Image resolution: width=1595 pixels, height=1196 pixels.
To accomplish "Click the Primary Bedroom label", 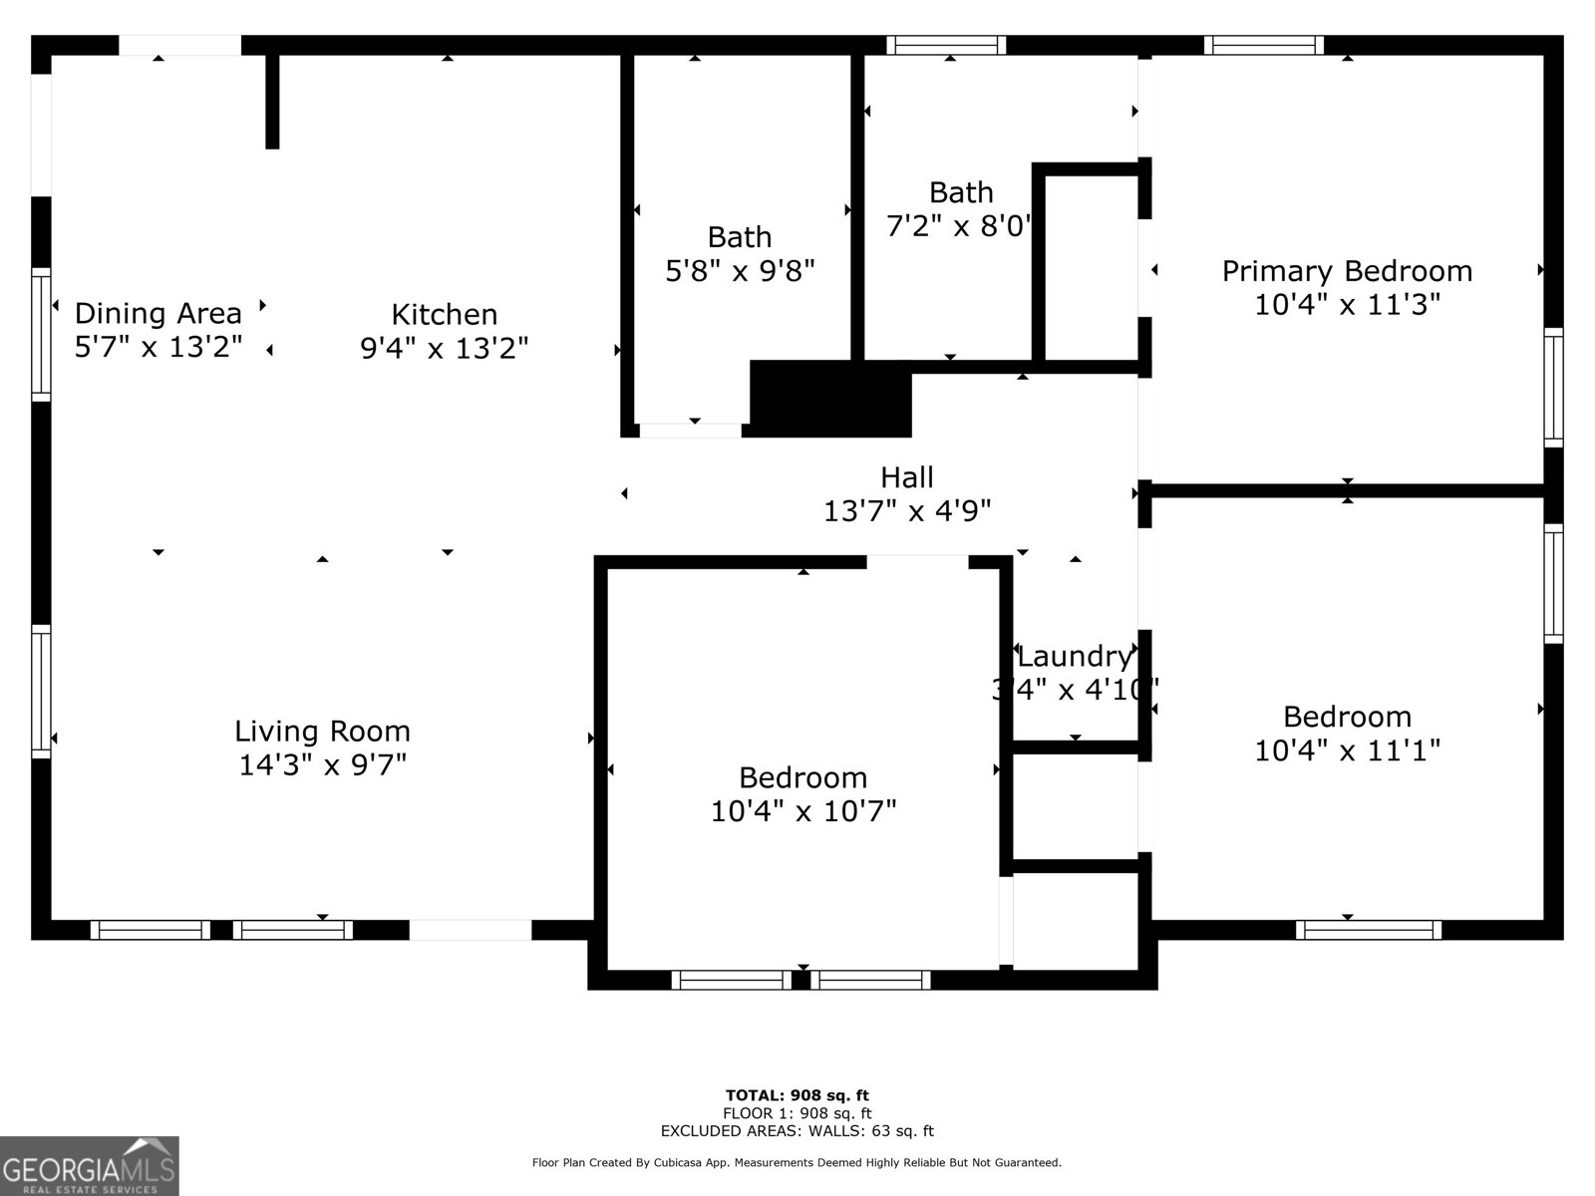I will pyautogui.click(x=1347, y=271).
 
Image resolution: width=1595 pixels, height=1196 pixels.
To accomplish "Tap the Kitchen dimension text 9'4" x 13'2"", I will pyautogui.click(x=444, y=348).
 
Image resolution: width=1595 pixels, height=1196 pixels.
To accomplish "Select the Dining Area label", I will pyautogui.click(x=159, y=313).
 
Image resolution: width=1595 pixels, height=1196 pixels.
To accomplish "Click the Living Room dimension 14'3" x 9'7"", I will pyautogui.click(x=322, y=765).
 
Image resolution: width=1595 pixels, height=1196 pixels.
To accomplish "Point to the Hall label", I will pyautogui.click(x=907, y=477).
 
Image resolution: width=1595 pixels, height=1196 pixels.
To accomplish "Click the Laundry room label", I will pyautogui.click(x=1075, y=657).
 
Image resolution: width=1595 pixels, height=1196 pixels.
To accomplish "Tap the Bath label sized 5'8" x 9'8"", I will pyautogui.click(x=740, y=237).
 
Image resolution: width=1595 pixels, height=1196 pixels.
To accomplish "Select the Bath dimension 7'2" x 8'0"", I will pyautogui.click(x=959, y=226).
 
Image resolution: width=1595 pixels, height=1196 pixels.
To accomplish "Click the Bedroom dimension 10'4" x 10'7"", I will pyautogui.click(x=803, y=811).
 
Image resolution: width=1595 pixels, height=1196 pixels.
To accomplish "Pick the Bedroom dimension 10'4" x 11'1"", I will pyautogui.click(x=1347, y=749).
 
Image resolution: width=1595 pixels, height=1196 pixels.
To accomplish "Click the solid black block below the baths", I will pyautogui.click(x=830, y=399).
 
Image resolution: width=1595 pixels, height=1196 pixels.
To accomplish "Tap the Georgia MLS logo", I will pyautogui.click(x=90, y=1166).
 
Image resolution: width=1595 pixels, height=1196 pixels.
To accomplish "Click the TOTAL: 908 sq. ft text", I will pyautogui.click(x=797, y=1095).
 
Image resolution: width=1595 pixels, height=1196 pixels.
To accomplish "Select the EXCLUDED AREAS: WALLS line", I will pyautogui.click(x=797, y=1131).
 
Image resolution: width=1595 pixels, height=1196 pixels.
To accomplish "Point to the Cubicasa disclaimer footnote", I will pyautogui.click(x=797, y=1162).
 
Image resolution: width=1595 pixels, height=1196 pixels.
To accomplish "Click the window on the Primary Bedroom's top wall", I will pyautogui.click(x=1263, y=45).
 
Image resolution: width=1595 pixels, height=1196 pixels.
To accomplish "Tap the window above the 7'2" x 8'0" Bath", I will pyautogui.click(x=946, y=45).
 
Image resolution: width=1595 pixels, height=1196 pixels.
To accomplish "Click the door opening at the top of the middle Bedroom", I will pyautogui.click(x=917, y=562).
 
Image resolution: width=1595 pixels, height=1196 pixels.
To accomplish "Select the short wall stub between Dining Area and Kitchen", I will pyautogui.click(x=272, y=100).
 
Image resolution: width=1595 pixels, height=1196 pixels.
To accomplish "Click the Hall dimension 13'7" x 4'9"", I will pyautogui.click(x=907, y=511).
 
